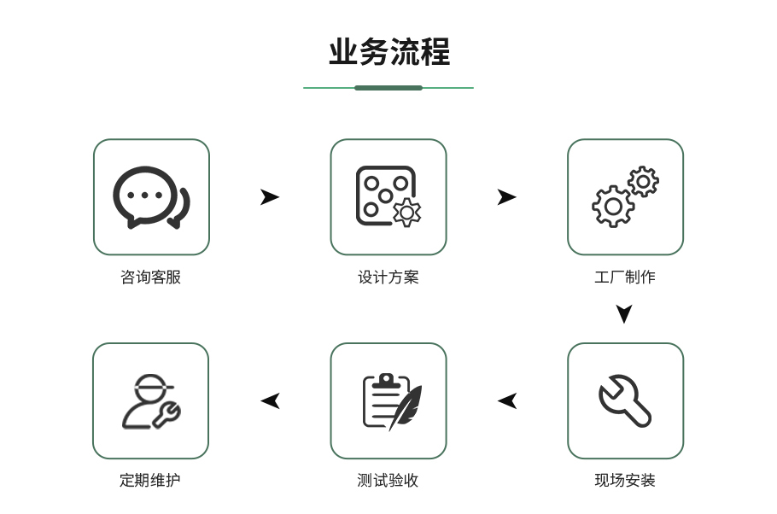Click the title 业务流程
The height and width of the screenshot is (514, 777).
coord(388,52)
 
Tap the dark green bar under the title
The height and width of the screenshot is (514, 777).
coord(388,88)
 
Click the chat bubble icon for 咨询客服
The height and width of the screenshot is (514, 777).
coord(150,196)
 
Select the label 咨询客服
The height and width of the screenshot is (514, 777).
coord(150,277)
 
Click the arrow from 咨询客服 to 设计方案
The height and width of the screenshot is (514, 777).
coord(269,197)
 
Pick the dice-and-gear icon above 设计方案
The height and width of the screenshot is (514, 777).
coord(388,196)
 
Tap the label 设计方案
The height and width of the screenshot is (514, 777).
coord(388,277)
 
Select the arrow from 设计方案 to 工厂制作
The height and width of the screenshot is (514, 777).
coord(506,197)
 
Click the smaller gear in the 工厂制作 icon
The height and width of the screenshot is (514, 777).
coord(643,181)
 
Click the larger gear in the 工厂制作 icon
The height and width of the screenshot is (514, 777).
coord(613,207)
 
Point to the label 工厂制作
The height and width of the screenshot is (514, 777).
coord(625,277)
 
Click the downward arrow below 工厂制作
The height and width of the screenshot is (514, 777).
coord(624,313)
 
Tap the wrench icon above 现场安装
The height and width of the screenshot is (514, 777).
coord(625,400)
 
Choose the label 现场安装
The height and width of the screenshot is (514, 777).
coord(625,480)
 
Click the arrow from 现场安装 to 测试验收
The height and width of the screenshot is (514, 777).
coord(507,400)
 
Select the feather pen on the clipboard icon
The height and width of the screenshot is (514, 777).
coord(406,406)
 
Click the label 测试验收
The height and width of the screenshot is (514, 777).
coord(388,480)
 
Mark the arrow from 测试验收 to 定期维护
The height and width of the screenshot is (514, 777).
coord(270,400)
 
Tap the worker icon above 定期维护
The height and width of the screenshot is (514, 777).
coord(150,400)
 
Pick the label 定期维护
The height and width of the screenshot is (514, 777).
coord(150,480)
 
